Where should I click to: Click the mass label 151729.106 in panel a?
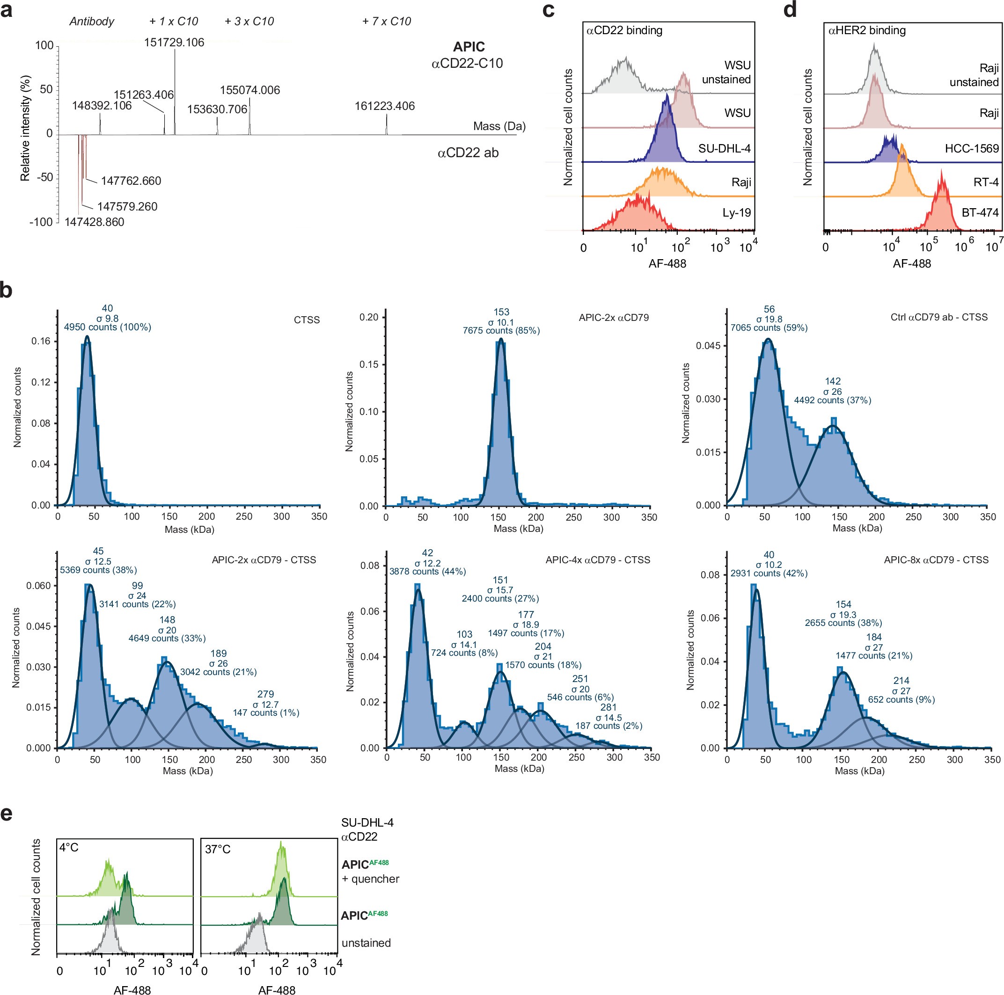(x=174, y=43)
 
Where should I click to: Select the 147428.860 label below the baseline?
(x=94, y=222)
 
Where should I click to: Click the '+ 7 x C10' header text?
(x=387, y=22)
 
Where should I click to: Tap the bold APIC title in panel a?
(x=469, y=47)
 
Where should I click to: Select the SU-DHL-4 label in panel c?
(x=725, y=148)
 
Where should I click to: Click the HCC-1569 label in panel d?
(x=972, y=148)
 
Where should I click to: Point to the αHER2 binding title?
(x=867, y=30)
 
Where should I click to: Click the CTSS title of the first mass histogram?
(x=307, y=320)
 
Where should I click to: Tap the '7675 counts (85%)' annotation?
(x=501, y=331)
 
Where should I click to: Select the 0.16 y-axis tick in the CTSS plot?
(x=41, y=341)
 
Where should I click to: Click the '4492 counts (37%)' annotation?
(x=833, y=400)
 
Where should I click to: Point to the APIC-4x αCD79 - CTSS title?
(x=598, y=560)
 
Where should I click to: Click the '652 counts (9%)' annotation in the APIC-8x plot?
(x=901, y=700)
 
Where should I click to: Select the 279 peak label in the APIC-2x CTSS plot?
(x=265, y=694)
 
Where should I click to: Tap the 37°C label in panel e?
(x=218, y=850)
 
